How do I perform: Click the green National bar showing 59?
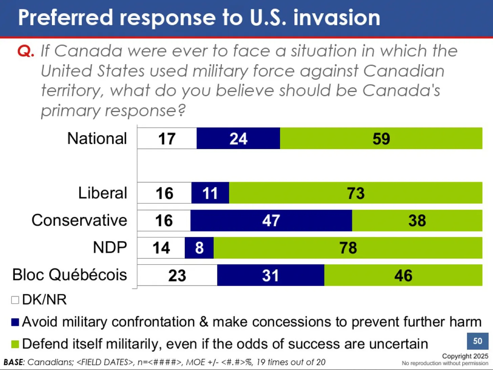(381, 138)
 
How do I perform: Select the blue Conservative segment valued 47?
(271, 221)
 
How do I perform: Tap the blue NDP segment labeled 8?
(199, 248)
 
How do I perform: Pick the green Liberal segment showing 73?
(356, 193)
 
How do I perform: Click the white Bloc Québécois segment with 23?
(177, 275)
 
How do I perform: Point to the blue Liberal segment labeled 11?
(210, 193)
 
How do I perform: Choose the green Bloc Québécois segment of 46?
(403, 275)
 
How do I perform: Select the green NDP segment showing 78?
(348, 248)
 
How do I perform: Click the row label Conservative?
(79, 220)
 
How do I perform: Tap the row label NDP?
(110, 248)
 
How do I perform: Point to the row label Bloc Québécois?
(69, 275)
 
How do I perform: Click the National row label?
(97, 138)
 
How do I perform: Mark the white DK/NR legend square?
(15, 300)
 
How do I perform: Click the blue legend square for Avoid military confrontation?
(15, 322)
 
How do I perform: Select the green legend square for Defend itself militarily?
(15, 344)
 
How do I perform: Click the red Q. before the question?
(26, 51)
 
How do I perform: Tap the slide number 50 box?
(477, 341)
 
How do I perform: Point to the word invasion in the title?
(337, 18)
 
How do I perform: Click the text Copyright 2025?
(465, 356)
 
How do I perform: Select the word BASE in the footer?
(13, 362)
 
